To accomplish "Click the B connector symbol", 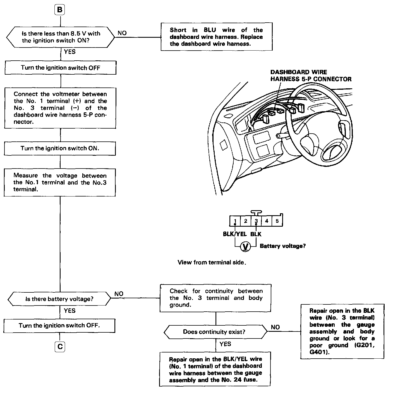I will [x=60, y=10].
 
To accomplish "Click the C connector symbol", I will [x=60, y=347].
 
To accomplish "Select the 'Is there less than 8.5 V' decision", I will [x=61, y=37].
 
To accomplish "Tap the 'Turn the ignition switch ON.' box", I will [x=60, y=148].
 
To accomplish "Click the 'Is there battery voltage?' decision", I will [x=59, y=299].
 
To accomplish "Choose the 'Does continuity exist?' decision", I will [x=215, y=332].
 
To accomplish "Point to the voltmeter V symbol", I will [x=246, y=247].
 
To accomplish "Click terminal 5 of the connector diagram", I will [x=277, y=221].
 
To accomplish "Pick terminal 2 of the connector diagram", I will [x=246, y=221].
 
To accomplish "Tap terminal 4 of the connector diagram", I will [x=267, y=221].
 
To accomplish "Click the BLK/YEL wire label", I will [x=234, y=234].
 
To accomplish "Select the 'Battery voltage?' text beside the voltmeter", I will [x=282, y=246].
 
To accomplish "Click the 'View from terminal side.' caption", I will [x=212, y=262].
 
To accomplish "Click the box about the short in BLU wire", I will [x=216, y=37].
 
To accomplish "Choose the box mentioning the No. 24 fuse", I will [x=215, y=369].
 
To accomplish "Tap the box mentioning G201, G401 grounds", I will [x=342, y=332].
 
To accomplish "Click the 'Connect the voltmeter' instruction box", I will [x=60, y=108].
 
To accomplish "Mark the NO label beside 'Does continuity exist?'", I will [x=275, y=327].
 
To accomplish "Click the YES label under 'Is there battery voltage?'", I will [x=70, y=311].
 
